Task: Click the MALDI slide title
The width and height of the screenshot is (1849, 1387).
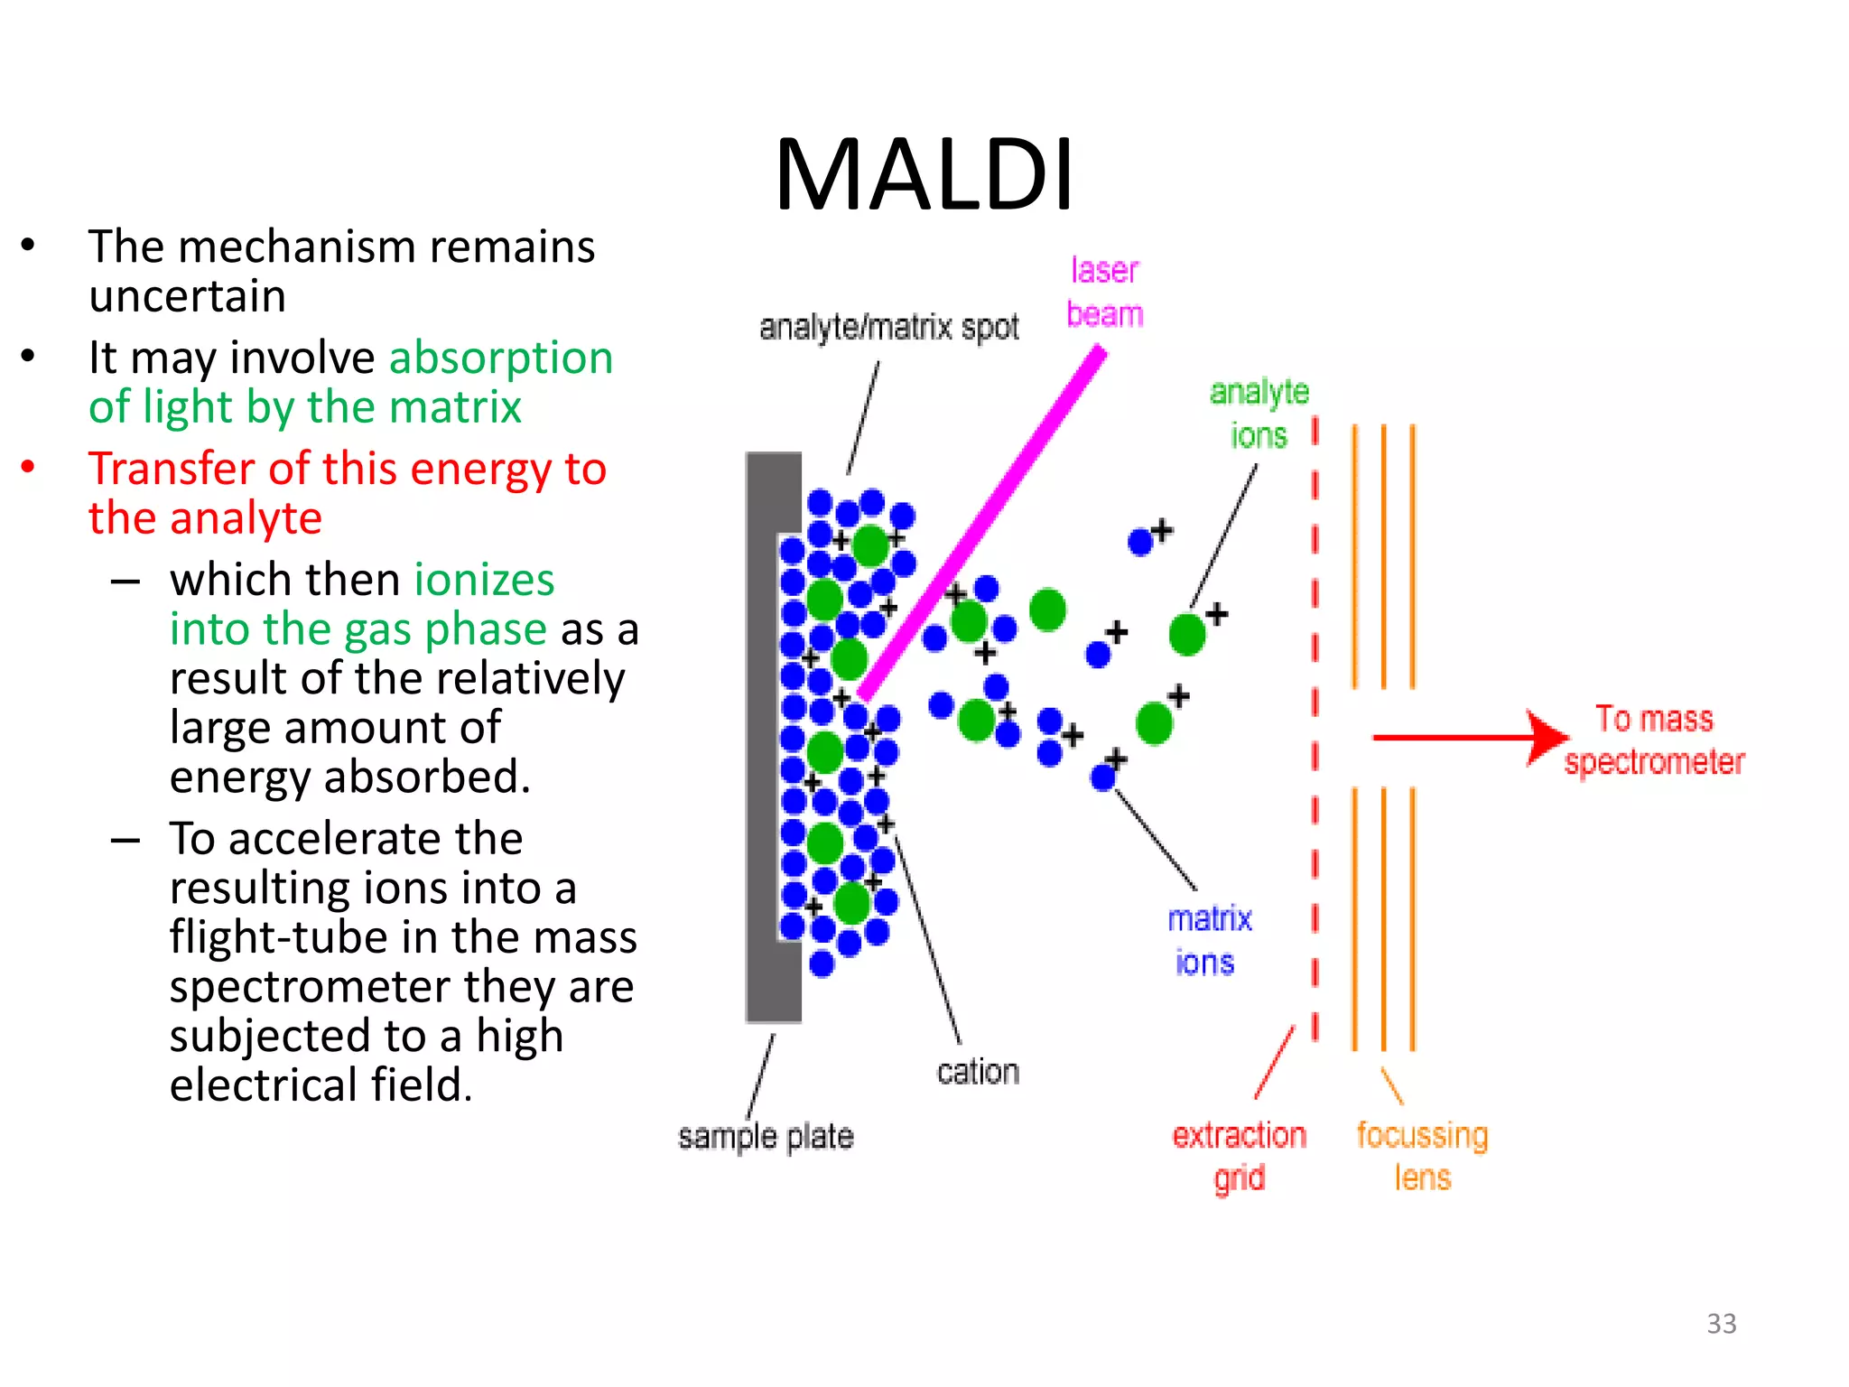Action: [x=924, y=175]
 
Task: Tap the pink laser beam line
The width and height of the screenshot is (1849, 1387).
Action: [x=984, y=524]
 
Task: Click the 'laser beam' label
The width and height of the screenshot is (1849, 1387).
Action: [x=1104, y=293]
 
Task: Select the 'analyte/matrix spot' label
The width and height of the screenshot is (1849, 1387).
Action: [x=888, y=327]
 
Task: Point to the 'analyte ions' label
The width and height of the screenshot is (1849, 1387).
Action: [x=1259, y=414]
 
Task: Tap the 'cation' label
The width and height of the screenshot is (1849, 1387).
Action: [x=978, y=1072]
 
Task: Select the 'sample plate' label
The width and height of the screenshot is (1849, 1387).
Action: [x=766, y=1136]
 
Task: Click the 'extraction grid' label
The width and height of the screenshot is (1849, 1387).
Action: [x=1239, y=1156]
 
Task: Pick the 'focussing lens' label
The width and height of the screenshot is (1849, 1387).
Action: [x=1422, y=1156]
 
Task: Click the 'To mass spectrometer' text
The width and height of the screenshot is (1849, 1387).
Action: [x=1654, y=740]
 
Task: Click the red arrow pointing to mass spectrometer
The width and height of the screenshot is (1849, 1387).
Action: [x=1463, y=738]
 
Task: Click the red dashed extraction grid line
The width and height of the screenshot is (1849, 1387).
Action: [x=1315, y=722]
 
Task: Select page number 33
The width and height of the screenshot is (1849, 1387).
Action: [x=1721, y=1324]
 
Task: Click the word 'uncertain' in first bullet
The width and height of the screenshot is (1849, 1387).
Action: [x=188, y=296]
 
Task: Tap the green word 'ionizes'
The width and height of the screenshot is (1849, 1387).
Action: [x=484, y=580]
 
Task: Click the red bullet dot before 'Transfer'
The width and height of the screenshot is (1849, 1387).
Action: [x=28, y=467]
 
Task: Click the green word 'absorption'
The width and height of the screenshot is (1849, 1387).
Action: [x=501, y=358]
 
